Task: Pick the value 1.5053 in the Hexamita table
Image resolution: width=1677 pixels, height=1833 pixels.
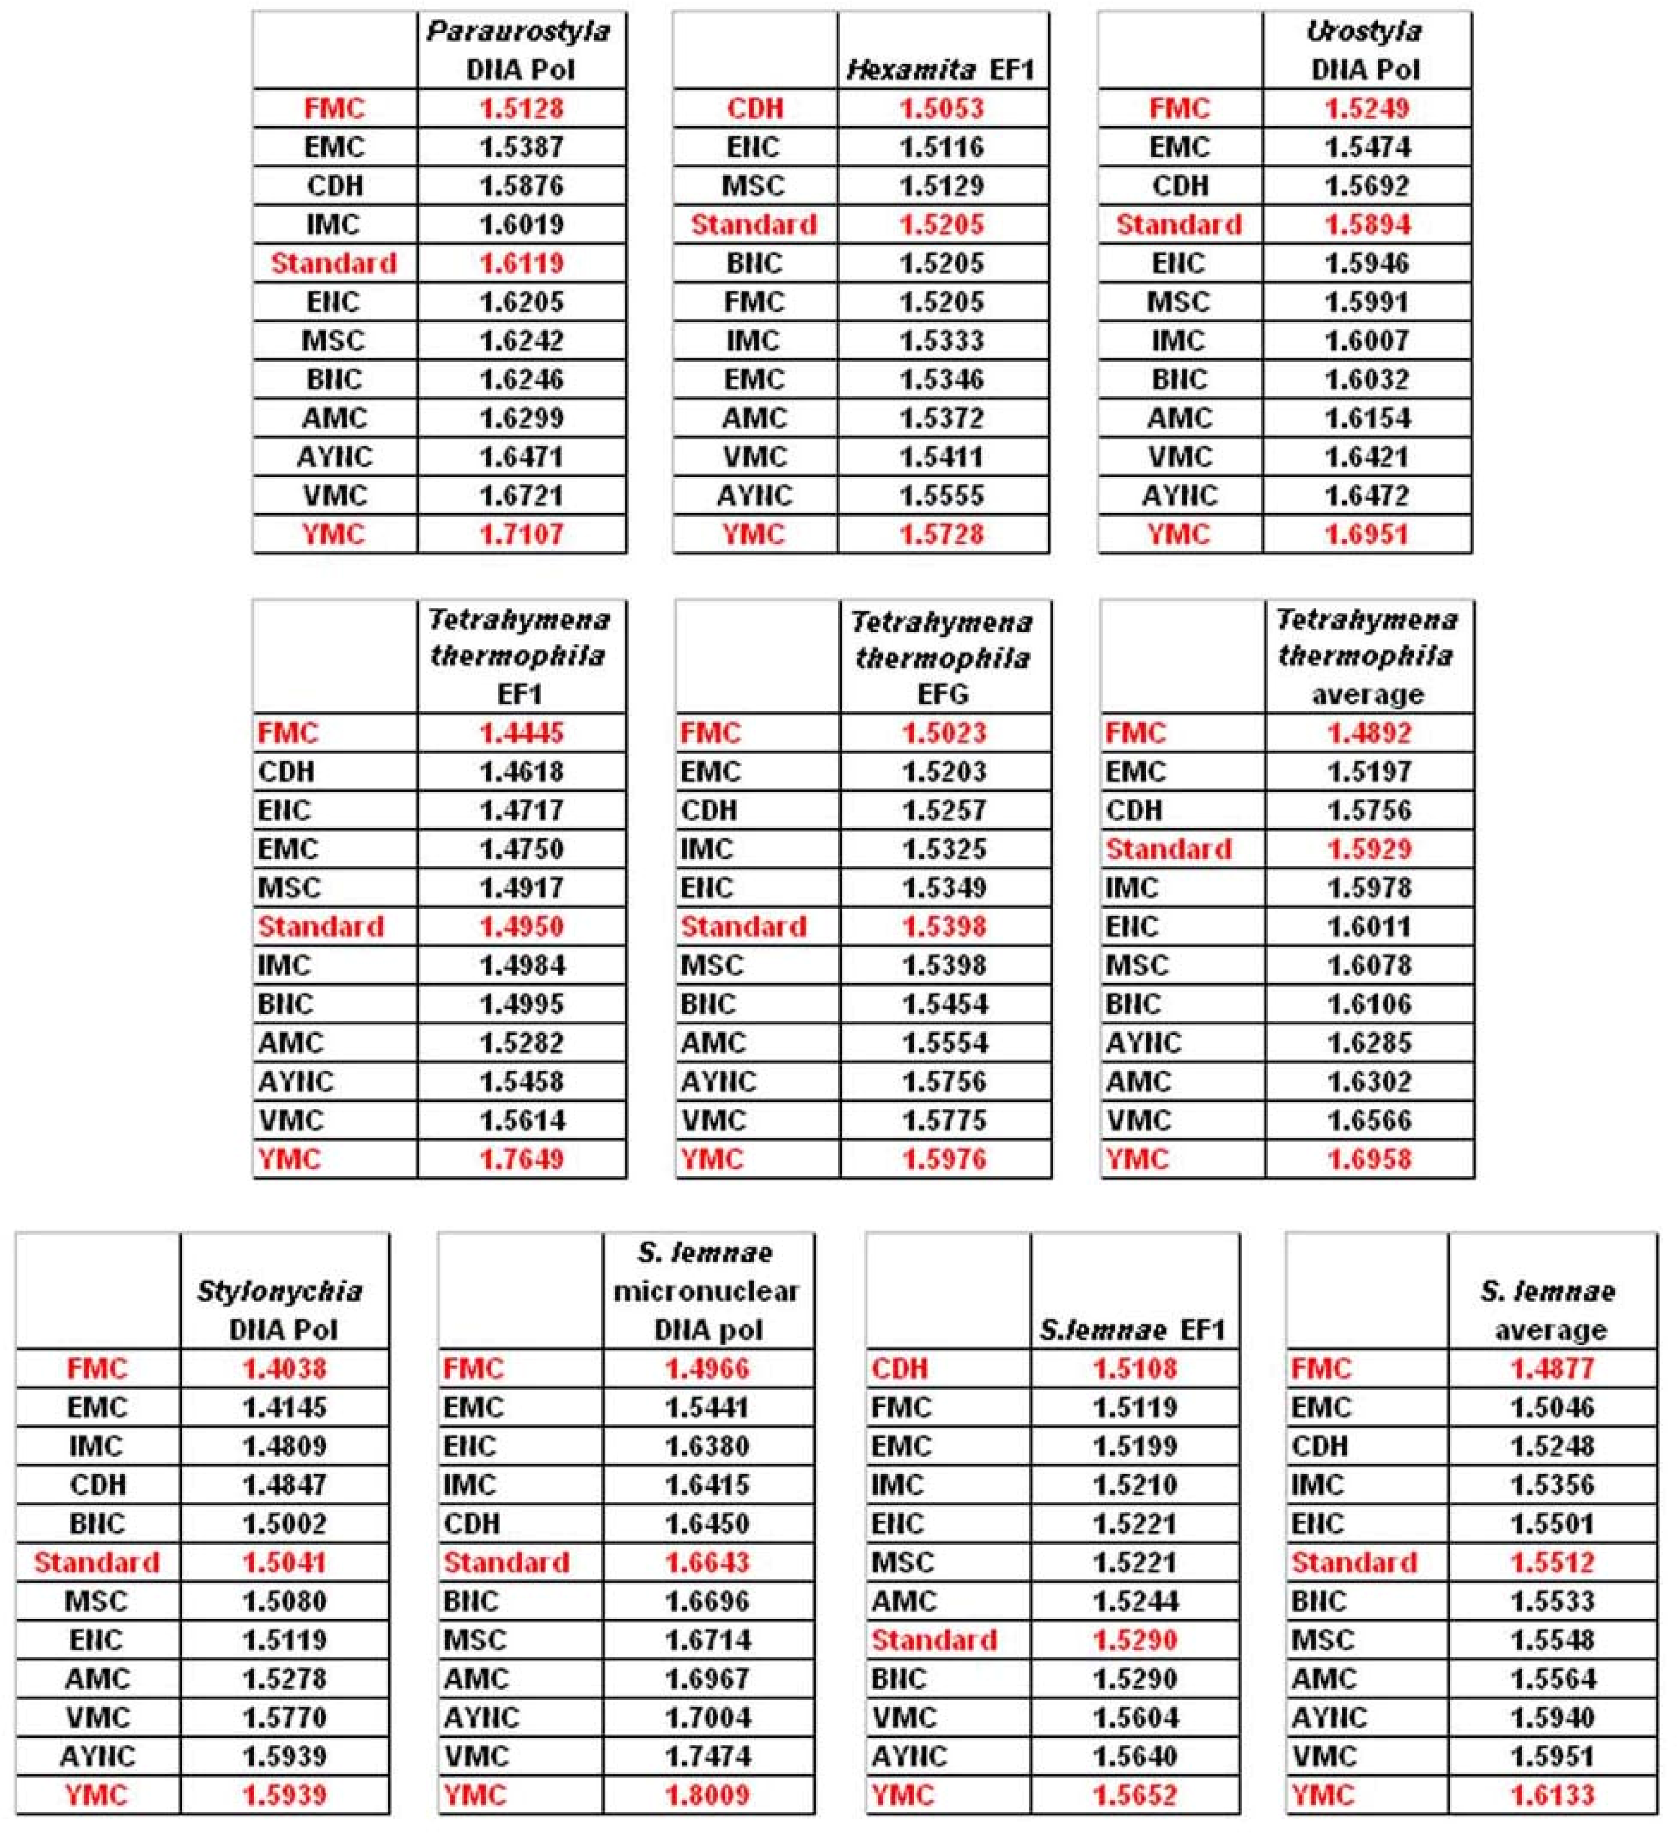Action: (x=941, y=108)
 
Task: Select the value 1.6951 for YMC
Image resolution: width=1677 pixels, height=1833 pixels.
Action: (x=1367, y=534)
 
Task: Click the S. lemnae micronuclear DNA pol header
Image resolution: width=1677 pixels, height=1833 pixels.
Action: (x=706, y=1291)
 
